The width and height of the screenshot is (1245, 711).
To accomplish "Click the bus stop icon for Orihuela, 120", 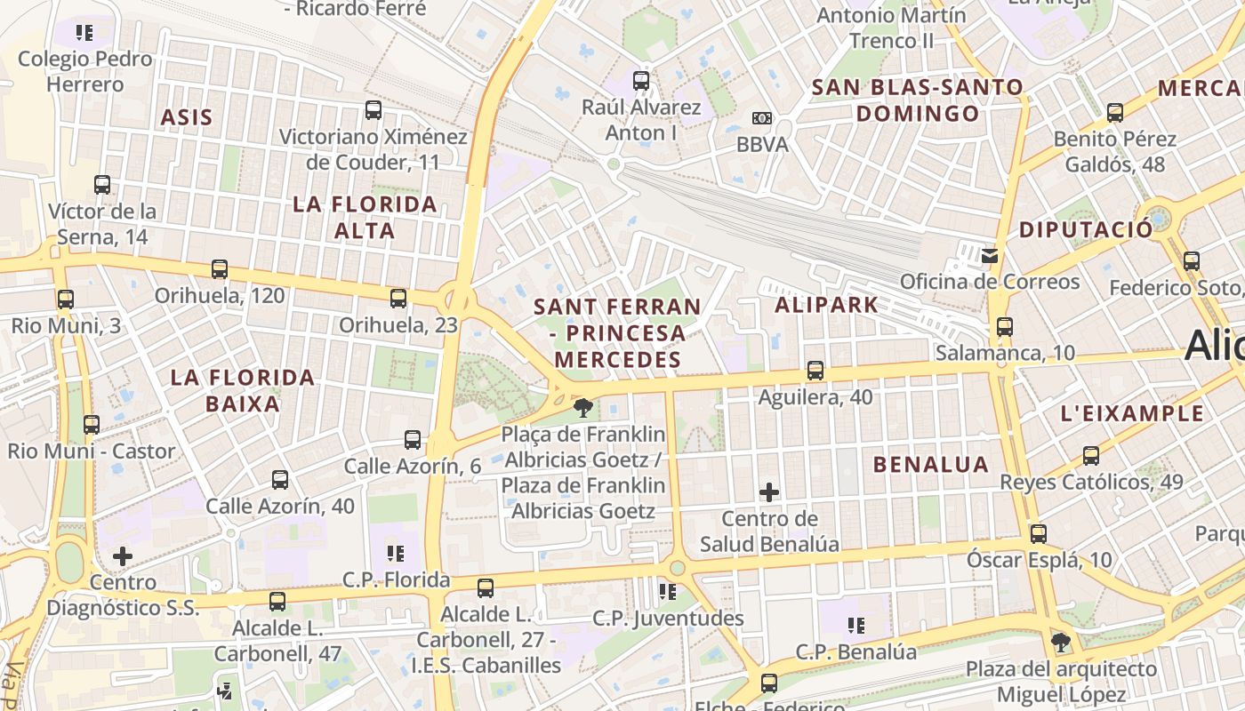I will click(x=220, y=269).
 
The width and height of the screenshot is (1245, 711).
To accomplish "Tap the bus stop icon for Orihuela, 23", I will click(x=398, y=299).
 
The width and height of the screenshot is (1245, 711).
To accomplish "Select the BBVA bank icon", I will click(x=762, y=118).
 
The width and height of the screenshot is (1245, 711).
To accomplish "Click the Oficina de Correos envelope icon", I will click(x=989, y=256).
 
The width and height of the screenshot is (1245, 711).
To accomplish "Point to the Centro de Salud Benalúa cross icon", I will click(x=769, y=491).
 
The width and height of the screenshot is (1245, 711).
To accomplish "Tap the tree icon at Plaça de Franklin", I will click(x=583, y=408).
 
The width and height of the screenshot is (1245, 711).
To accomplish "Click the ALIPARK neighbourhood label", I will click(x=826, y=305).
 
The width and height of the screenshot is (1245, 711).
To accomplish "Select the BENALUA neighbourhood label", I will click(x=930, y=464).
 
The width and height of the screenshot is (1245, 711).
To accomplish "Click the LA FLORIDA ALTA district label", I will click(x=365, y=218).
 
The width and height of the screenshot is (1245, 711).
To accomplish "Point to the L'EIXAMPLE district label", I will click(x=1133, y=413).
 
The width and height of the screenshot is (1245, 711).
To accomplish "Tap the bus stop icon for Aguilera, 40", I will click(x=815, y=371).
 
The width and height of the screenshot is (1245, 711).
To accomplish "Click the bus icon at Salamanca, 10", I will click(x=1005, y=327).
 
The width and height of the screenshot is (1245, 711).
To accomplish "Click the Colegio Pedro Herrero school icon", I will click(x=84, y=34).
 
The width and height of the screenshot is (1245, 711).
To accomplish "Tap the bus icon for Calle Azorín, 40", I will click(x=280, y=480).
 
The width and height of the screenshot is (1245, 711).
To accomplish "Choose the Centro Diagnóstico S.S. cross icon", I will click(x=123, y=556).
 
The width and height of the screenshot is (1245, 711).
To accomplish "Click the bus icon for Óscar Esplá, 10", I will click(x=1038, y=534).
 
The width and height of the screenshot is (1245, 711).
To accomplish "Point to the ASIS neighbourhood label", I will click(x=187, y=117).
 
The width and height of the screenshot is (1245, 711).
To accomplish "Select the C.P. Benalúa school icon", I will click(x=856, y=626).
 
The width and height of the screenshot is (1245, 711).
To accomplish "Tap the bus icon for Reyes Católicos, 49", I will click(x=1091, y=456).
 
